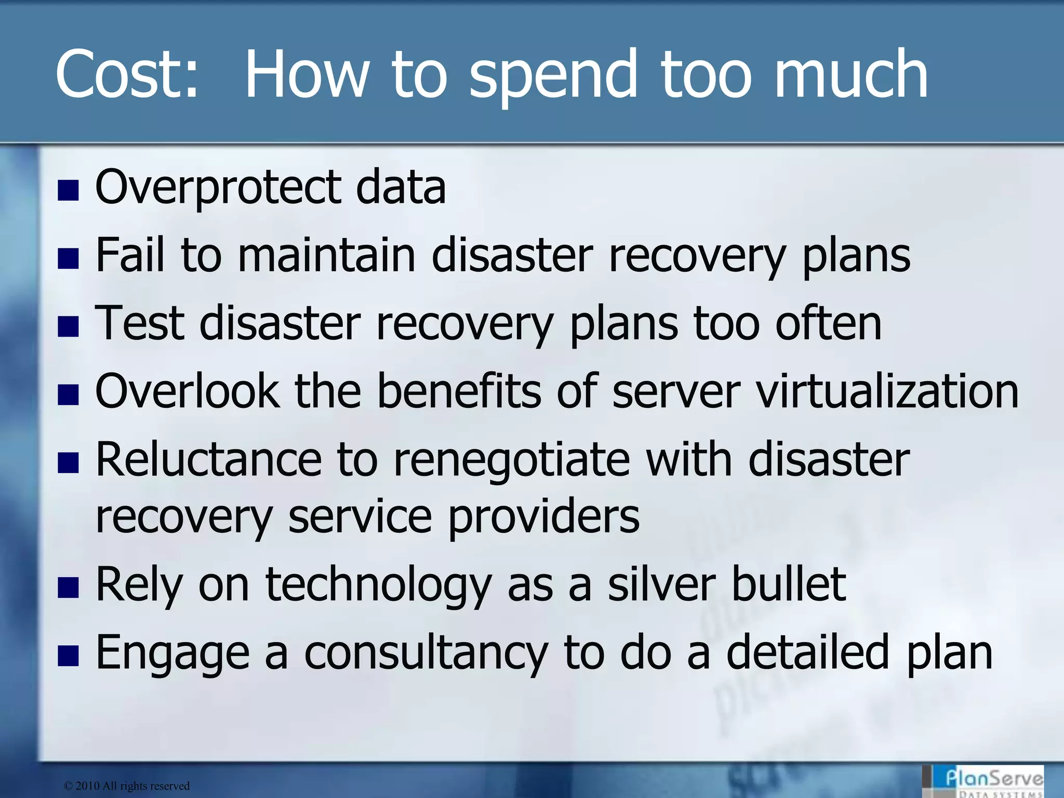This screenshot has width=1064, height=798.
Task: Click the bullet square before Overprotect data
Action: click(68, 191)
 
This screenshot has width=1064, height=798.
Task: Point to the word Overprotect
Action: click(218, 188)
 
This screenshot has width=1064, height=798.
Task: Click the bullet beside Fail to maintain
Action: click(68, 259)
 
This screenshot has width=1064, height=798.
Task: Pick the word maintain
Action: click(327, 255)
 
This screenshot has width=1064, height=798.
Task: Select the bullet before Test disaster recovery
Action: click(68, 327)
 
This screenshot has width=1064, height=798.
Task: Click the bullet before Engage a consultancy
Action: click(68, 656)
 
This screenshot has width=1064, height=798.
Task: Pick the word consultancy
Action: click(426, 654)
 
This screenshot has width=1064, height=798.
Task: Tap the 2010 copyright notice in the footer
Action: click(127, 786)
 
